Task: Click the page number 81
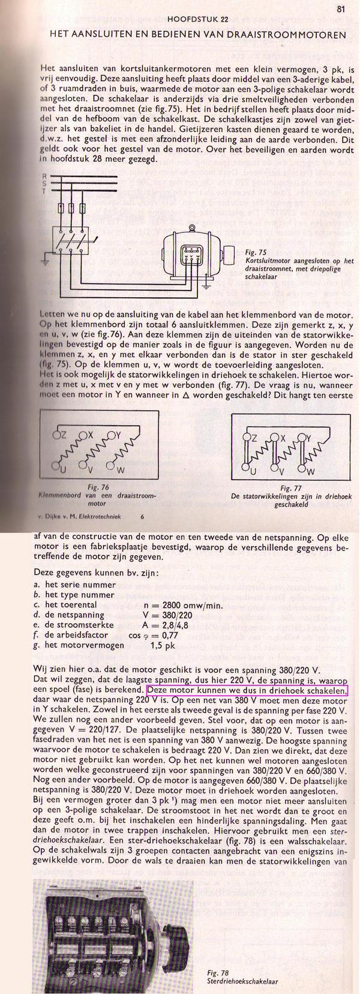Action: (x=340, y=9)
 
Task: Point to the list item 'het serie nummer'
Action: (x=78, y=585)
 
